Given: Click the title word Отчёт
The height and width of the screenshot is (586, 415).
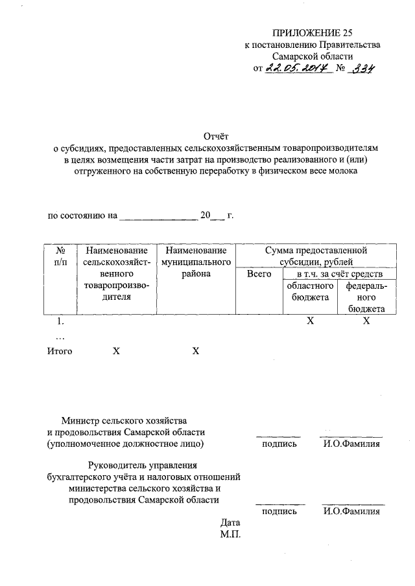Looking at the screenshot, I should (x=215, y=136).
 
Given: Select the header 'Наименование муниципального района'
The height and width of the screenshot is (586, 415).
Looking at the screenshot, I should (x=196, y=262).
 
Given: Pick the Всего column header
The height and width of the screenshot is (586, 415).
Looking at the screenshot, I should (x=259, y=274).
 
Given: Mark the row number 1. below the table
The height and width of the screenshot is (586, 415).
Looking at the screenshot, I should (x=60, y=321).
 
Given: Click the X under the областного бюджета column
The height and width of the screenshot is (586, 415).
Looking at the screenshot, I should (x=309, y=321).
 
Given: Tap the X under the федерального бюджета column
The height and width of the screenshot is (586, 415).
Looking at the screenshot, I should (x=366, y=321).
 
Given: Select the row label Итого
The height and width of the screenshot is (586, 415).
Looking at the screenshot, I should (x=60, y=351).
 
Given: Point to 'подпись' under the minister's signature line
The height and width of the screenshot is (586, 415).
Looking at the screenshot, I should (x=279, y=444).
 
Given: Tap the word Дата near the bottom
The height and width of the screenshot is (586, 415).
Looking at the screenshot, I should (x=230, y=523).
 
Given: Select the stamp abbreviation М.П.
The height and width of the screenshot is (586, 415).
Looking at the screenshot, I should (x=230, y=535).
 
